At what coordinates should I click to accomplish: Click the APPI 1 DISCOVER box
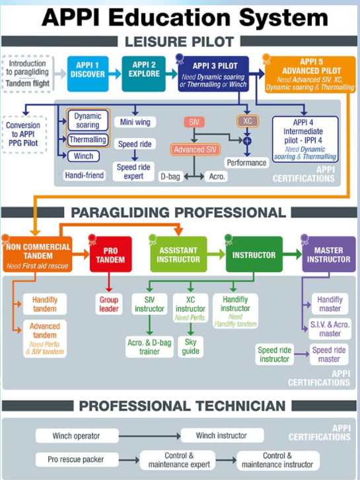(x=88, y=74)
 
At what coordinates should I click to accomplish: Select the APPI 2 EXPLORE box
(x=144, y=74)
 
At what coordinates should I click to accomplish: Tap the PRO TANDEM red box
(x=110, y=254)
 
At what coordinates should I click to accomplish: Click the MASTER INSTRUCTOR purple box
(x=329, y=254)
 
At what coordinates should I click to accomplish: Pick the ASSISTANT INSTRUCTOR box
(x=178, y=254)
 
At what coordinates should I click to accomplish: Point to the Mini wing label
(x=135, y=122)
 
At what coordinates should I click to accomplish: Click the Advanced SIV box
(x=195, y=150)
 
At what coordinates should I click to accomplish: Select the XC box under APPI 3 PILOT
(x=248, y=121)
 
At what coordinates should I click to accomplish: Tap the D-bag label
(x=170, y=177)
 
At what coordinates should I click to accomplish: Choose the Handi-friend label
(x=85, y=176)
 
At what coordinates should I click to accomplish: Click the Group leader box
(x=109, y=304)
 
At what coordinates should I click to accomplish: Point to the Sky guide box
(x=191, y=347)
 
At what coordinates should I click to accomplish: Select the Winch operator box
(x=77, y=436)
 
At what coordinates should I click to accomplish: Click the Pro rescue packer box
(x=77, y=460)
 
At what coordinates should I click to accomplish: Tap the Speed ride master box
(x=329, y=355)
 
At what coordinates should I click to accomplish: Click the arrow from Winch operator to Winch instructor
(x=150, y=436)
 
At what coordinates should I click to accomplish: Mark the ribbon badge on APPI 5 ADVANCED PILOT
(x=266, y=59)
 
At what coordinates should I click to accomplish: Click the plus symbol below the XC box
(x=247, y=141)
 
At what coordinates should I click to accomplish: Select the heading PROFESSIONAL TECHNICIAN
(x=182, y=406)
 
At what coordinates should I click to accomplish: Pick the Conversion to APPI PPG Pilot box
(x=24, y=135)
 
